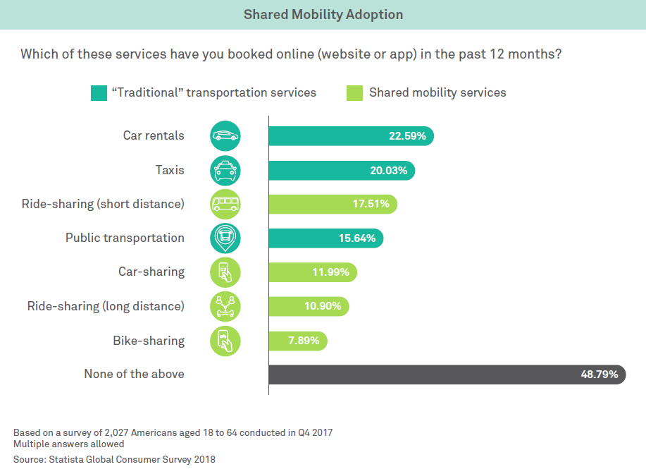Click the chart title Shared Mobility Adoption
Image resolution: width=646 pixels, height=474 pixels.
pos(323,15)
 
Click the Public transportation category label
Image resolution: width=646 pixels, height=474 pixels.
pos(125,238)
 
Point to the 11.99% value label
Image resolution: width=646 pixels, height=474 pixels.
pos(330,272)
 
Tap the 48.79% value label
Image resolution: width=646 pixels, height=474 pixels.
pos(599,375)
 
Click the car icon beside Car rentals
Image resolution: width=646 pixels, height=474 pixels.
pos(225,136)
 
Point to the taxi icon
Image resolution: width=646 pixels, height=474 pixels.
pos(225,170)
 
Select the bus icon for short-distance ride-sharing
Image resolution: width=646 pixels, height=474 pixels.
pos(225,205)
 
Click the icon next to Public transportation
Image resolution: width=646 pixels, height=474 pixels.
pos(225,238)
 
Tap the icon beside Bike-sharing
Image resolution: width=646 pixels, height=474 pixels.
pos(225,341)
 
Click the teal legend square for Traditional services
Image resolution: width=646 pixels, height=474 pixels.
pos(98,92)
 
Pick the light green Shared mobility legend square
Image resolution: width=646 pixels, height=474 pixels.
pos(355,92)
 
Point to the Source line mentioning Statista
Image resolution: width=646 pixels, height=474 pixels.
pos(114,459)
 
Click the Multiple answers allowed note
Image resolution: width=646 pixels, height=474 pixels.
pos(68,444)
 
